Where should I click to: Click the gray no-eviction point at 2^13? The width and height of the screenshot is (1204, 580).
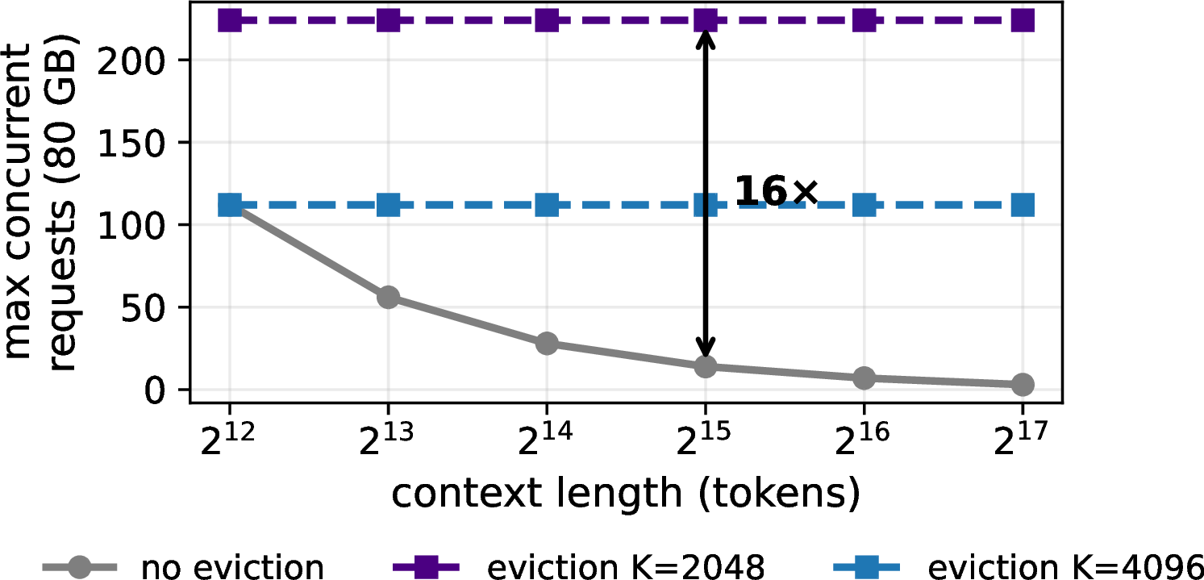[388, 297]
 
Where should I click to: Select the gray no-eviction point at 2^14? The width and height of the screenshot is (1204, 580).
[547, 343]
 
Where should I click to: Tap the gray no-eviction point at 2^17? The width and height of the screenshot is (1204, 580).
[1023, 384]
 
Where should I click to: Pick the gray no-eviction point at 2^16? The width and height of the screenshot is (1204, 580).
[864, 378]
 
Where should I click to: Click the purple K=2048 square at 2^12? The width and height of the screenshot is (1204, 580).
[230, 21]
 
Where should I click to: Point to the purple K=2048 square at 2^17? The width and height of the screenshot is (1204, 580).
[1023, 21]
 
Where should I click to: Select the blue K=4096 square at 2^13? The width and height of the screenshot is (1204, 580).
[388, 206]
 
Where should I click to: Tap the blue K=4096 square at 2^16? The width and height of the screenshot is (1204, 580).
[864, 206]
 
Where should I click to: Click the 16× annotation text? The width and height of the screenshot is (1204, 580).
[776, 191]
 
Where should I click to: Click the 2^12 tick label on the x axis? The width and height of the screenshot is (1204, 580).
[227, 439]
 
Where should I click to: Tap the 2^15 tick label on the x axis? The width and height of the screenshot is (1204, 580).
[703, 439]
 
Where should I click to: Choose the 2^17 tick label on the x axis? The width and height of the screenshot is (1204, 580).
[1020, 439]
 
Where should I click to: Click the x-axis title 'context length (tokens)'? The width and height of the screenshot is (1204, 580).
[626, 494]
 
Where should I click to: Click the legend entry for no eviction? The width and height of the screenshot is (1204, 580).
[184, 566]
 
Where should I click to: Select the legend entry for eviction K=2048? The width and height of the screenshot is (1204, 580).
[580, 566]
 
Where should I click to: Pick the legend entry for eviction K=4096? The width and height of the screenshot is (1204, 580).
[1019, 566]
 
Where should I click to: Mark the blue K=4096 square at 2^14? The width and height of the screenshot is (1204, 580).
[547, 206]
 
